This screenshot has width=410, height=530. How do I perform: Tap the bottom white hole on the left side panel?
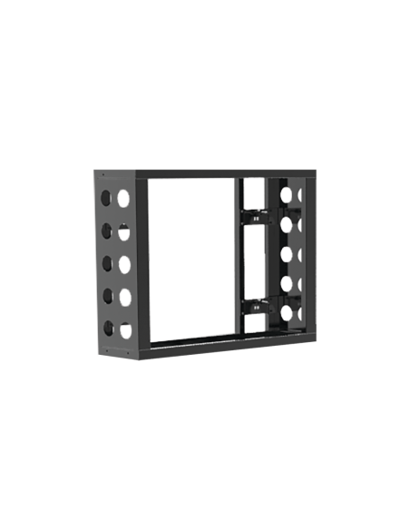[x=125, y=329]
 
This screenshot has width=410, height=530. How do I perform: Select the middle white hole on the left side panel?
[x=125, y=265]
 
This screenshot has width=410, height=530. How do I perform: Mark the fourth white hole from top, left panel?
[x=125, y=298]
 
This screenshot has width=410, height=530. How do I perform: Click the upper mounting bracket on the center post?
[x=256, y=217]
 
